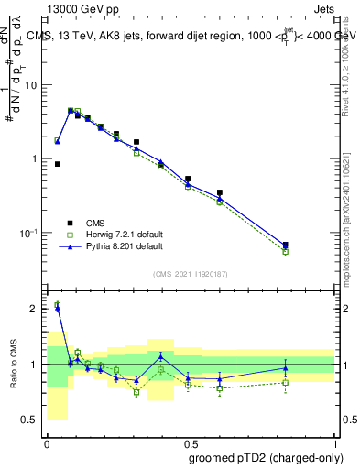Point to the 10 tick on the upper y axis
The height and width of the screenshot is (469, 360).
32,85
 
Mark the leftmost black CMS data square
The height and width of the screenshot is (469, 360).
58,164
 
